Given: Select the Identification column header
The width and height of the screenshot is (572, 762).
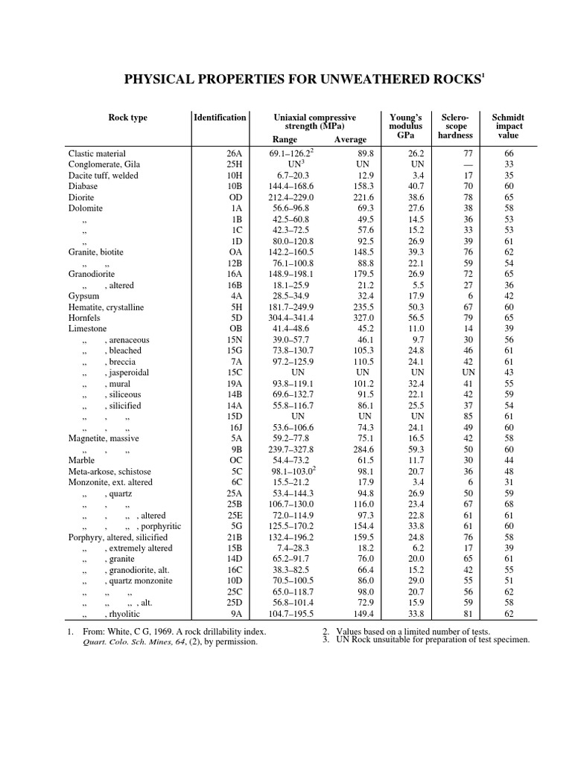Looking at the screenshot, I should tap(219, 118).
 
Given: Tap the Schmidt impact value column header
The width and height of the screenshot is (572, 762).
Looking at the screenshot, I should tap(508, 127).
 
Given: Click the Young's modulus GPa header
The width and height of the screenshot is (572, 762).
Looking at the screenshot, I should tap(406, 127).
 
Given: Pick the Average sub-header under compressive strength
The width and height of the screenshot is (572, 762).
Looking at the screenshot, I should tap(350, 140).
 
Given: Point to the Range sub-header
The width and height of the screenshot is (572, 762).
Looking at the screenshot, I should tap(285, 140).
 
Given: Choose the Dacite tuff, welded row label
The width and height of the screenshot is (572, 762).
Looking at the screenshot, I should tap(103, 175).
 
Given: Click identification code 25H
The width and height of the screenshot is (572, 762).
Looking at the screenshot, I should tap(235, 164).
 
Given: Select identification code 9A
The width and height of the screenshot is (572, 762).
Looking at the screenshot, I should tap(236, 615).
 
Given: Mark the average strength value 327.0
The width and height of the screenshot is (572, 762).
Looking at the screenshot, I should tap(363, 318).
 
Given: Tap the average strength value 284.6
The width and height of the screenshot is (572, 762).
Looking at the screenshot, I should tap(363, 449).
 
